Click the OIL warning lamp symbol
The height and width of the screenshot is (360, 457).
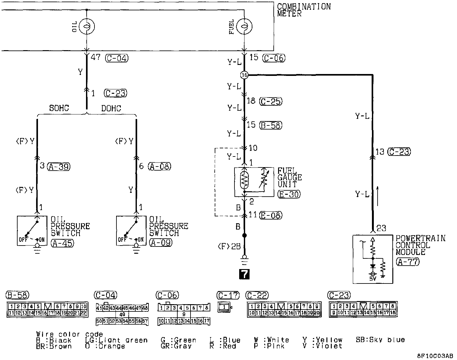coord(86,26)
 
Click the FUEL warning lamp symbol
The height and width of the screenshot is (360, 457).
coord(244,26)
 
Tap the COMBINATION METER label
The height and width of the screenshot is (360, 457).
coord(304,10)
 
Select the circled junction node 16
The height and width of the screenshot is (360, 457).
coord(244,75)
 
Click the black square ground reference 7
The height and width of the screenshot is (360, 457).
coord(244,274)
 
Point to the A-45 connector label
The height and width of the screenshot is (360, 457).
coord(62,243)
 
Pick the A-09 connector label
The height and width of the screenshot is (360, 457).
coord(161,243)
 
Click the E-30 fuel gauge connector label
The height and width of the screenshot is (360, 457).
coord(289,194)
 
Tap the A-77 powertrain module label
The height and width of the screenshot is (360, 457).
coord(407,261)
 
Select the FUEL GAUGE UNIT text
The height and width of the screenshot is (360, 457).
coord(289,177)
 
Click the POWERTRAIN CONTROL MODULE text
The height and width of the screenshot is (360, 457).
coord(420,245)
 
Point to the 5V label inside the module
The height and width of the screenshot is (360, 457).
coord(373,278)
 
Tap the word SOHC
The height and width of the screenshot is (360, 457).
coord(59,109)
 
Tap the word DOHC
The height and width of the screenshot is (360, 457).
coord(111,109)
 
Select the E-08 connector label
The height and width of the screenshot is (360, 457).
coord(271,215)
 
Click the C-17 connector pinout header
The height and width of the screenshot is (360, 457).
coord(228,295)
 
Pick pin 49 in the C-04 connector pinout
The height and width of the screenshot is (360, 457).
coord(122,315)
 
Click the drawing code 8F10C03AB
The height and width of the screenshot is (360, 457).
coord(435,356)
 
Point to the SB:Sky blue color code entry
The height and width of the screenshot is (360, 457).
coord(380,340)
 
